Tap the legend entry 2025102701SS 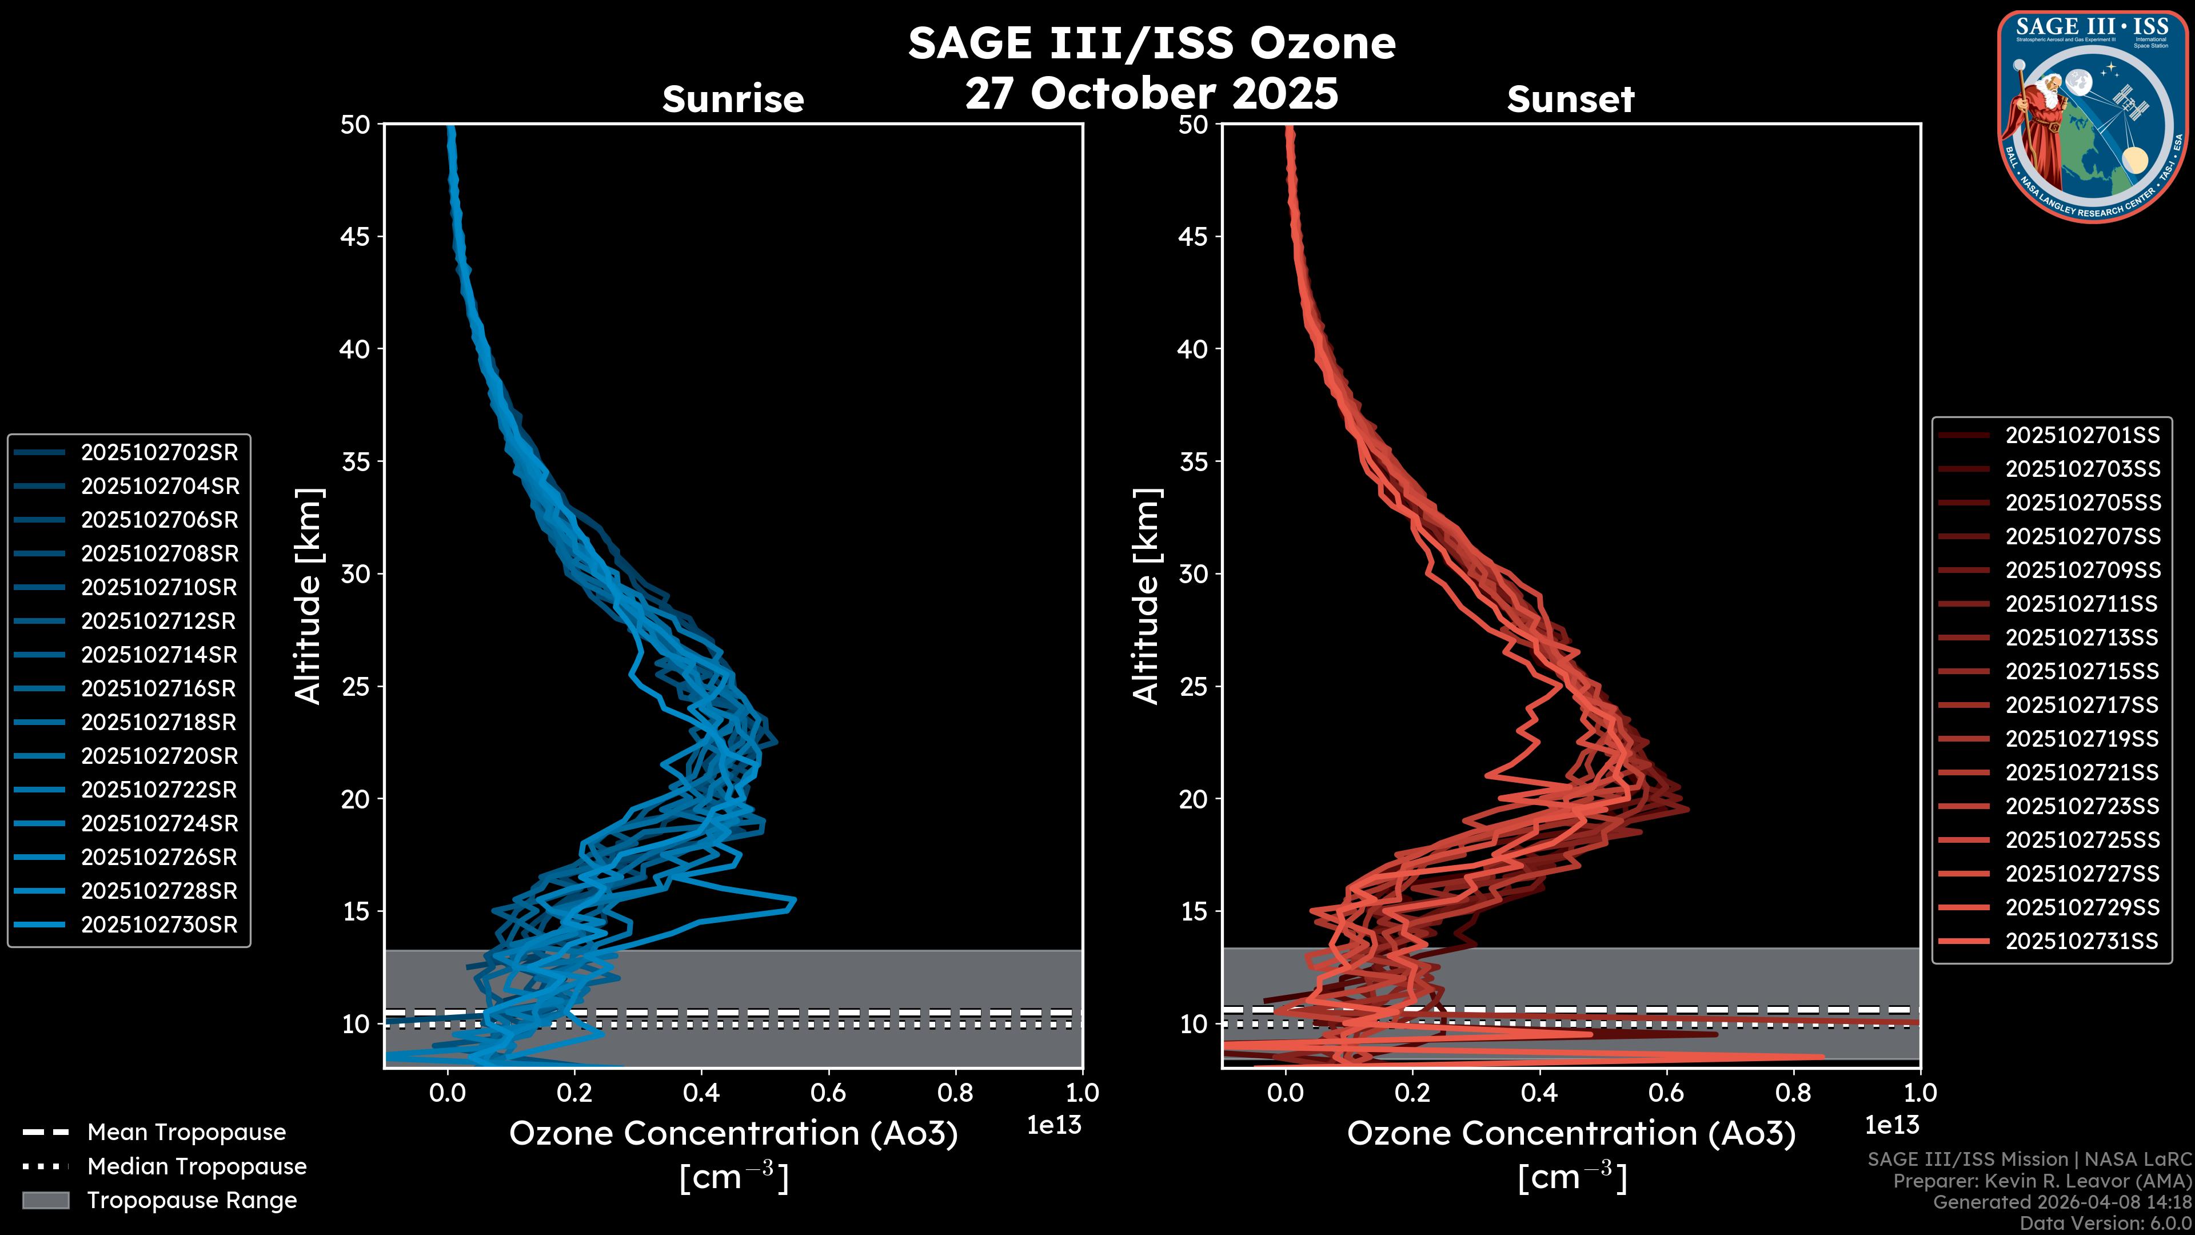coord(2082,436)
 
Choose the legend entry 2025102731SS coord(2082,941)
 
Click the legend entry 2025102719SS coord(2082,739)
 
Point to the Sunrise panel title coord(733,99)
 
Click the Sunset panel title coord(1570,99)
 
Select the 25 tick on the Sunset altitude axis coord(1193,686)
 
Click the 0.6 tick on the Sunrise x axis coord(828,1093)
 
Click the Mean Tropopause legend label coord(186,1133)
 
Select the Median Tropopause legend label coord(197,1167)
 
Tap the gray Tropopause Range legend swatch coord(45,1200)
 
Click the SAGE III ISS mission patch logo coord(2092,116)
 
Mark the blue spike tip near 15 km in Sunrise coord(794,900)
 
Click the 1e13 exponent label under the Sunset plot coord(1891,1125)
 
